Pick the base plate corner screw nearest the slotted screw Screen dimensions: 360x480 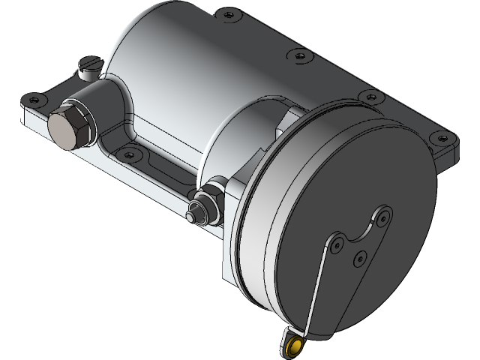tap(34, 97)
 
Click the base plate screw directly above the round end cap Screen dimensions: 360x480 tap(367, 96)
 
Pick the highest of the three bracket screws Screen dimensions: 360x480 tap(384, 216)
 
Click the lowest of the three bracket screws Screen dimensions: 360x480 tap(358, 256)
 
